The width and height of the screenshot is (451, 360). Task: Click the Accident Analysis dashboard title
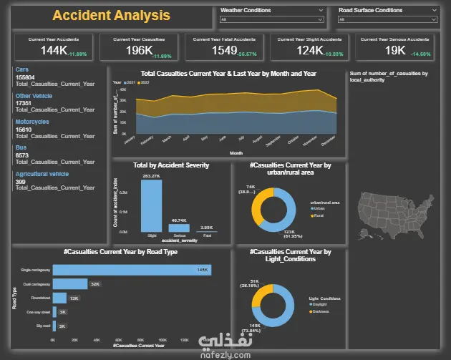point(111,15)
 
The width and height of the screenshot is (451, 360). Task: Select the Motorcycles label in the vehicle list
point(32,122)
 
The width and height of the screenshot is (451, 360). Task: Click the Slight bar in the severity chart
point(151,205)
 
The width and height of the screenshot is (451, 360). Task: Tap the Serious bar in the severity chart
point(179,228)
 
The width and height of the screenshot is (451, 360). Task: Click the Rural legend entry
point(317,215)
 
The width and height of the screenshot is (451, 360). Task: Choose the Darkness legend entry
point(321,311)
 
